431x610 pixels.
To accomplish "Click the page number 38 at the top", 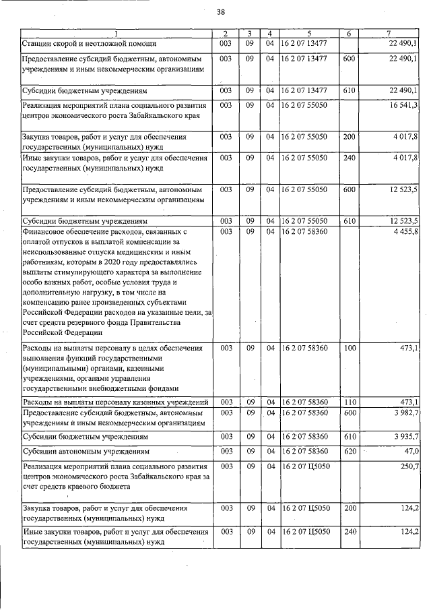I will pos(220,11).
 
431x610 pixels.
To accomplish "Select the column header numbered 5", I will pos(308,34).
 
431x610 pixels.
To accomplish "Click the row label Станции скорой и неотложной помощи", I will pos(90,44).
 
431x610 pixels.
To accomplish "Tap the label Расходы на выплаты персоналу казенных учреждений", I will pos(115,402).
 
